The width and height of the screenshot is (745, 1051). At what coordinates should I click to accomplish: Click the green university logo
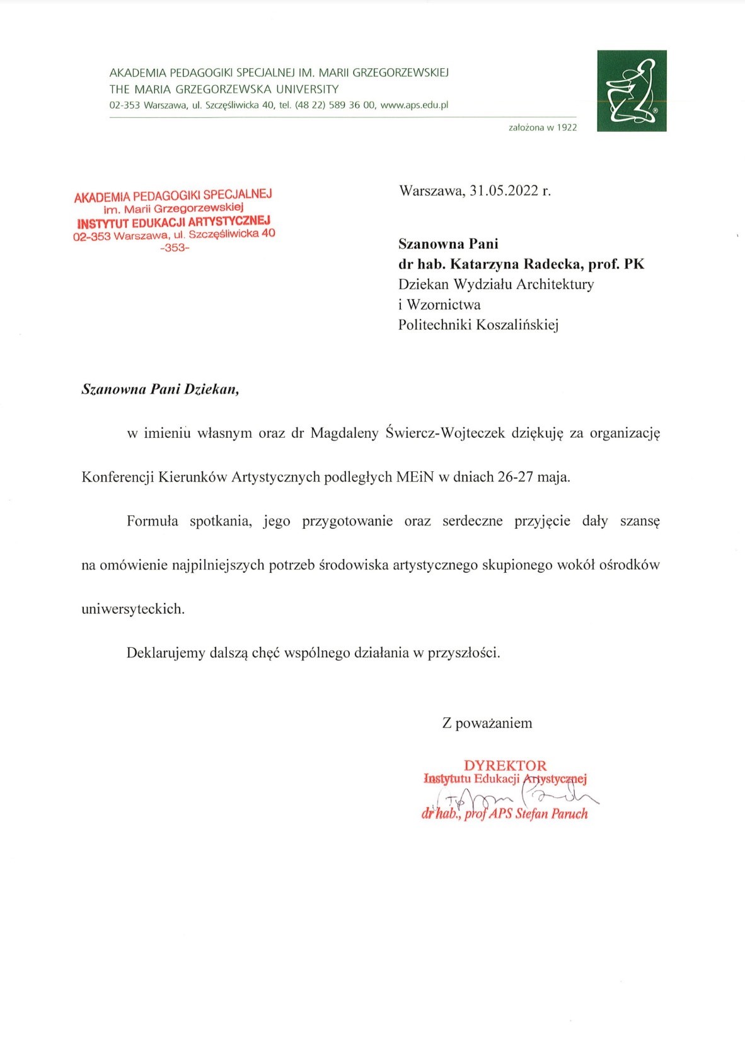pyautogui.click(x=632, y=91)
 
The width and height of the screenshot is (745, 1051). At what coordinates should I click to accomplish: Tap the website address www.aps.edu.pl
pyautogui.click(x=414, y=105)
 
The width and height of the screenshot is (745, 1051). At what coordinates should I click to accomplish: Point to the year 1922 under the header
pyautogui.click(x=567, y=127)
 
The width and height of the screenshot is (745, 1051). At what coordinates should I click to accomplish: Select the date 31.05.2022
pyautogui.click(x=504, y=191)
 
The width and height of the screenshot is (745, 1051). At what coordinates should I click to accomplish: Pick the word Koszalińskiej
pyautogui.click(x=517, y=325)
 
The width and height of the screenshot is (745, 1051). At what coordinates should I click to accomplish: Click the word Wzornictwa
pyautogui.click(x=444, y=305)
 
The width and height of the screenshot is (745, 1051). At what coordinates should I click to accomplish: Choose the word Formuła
pyautogui.click(x=153, y=521)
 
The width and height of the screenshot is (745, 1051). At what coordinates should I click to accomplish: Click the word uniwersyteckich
pyautogui.click(x=133, y=609)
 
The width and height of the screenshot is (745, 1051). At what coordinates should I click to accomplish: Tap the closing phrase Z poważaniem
pyautogui.click(x=487, y=723)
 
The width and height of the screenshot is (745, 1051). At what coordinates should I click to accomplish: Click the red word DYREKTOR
pyautogui.click(x=505, y=765)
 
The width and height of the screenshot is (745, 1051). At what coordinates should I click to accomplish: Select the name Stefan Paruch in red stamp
pyautogui.click(x=552, y=814)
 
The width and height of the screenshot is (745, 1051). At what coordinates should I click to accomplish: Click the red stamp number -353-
pyautogui.click(x=175, y=248)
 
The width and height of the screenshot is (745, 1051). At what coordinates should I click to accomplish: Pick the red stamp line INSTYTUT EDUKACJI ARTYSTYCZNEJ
pyautogui.click(x=174, y=222)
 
